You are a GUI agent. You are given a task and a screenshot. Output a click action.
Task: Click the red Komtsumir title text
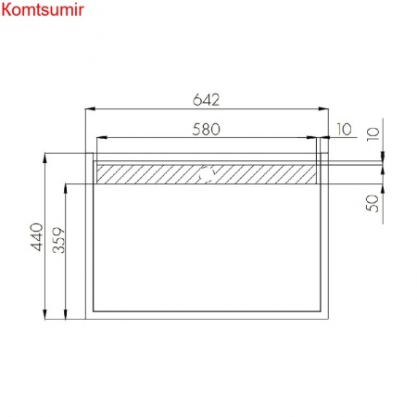[x=43, y=9]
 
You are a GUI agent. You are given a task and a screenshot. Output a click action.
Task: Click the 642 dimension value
[x=206, y=100]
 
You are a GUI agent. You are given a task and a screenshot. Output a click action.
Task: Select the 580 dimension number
[x=206, y=130]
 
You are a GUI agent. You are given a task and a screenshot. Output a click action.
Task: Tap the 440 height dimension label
[x=38, y=237]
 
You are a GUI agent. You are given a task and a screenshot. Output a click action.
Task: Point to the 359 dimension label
[x=58, y=240]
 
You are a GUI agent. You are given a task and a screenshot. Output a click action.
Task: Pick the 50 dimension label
[x=373, y=203]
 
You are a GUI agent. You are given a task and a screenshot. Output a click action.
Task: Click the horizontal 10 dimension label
[x=344, y=130]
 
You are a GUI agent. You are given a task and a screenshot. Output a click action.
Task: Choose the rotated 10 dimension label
[x=373, y=134]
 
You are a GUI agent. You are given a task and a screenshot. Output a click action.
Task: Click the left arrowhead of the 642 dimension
[x=90, y=108]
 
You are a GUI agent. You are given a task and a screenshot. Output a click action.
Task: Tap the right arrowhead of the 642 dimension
[x=323, y=108]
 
